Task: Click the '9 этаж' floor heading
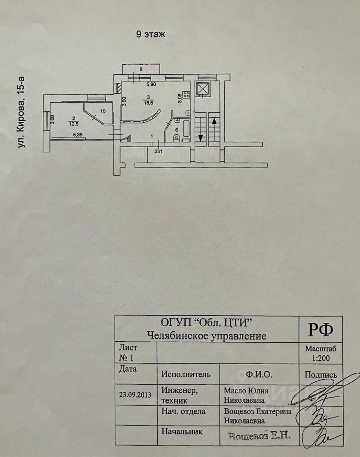(150, 35)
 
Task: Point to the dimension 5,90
(151, 85)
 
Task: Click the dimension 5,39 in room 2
(78, 135)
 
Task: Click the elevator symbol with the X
(203, 89)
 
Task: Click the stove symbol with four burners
(186, 94)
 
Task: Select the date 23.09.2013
(136, 395)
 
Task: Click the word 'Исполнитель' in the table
(187, 374)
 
